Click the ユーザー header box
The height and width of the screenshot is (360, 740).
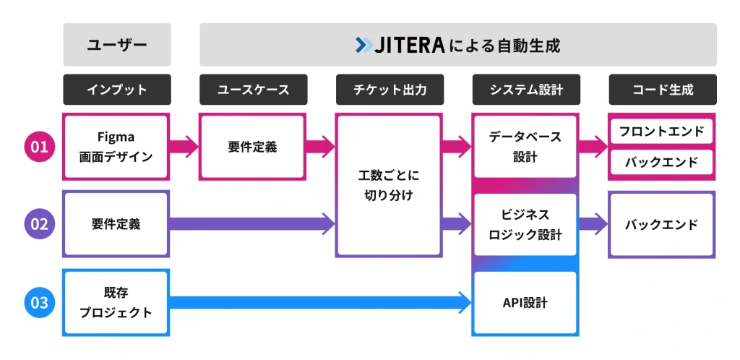(117, 45)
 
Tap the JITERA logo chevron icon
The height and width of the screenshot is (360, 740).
(364, 45)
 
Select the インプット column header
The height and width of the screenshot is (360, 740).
(117, 90)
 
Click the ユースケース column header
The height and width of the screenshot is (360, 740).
(253, 90)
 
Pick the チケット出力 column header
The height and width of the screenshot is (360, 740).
(390, 90)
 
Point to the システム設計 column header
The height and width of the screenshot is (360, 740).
(525, 90)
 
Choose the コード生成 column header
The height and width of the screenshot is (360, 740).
(662, 90)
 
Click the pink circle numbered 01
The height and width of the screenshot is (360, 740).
(38, 147)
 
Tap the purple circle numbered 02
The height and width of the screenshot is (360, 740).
(38, 224)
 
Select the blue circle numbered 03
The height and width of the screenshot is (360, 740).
(38, 302)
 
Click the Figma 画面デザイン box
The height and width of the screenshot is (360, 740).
(117, 147)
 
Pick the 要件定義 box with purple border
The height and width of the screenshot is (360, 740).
(117, 224)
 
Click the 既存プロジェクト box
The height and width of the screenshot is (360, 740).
(117, 302)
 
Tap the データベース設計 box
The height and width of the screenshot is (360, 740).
(525, 147)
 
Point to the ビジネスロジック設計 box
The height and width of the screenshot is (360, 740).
(525, 224)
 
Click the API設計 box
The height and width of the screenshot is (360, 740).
(525, 302)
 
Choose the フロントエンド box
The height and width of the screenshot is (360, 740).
(662, 132)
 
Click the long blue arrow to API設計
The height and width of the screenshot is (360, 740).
(318, 302)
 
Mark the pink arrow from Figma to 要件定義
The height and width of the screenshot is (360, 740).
(184, 147)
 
